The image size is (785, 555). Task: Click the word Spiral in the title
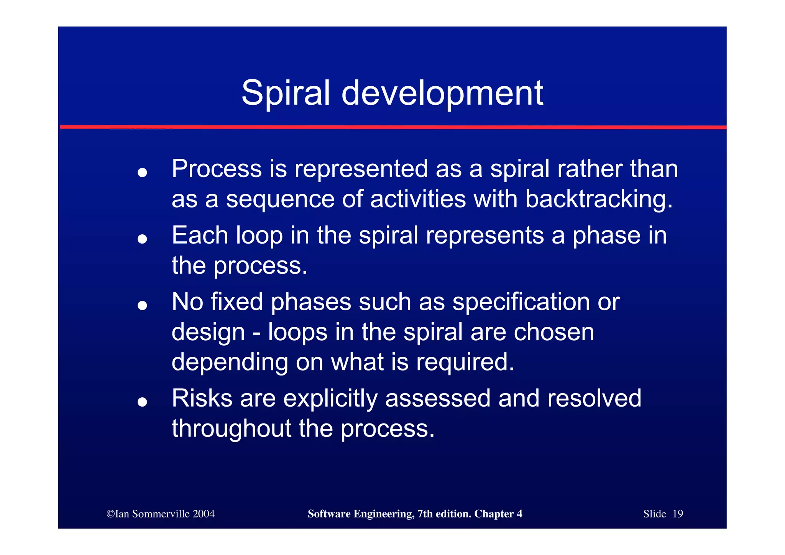(x=285, y=93)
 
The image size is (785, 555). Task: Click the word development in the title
(x=442, y=93)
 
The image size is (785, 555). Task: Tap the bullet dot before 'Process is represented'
(x=142, y=172)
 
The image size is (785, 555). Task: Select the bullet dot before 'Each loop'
(x=142, y=239)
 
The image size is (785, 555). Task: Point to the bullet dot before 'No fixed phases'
(x=142, y=305)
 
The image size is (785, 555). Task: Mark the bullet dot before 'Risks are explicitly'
(x=142, y=402)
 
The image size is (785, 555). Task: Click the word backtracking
(x=599, y=199)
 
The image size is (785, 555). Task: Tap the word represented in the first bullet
(x=361, y=169)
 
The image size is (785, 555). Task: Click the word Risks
(x=202, y=398)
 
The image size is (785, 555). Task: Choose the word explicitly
(x=330, y=399)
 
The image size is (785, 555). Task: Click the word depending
(x=229, y=362)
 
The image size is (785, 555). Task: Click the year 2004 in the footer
(x=204, y=514)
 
